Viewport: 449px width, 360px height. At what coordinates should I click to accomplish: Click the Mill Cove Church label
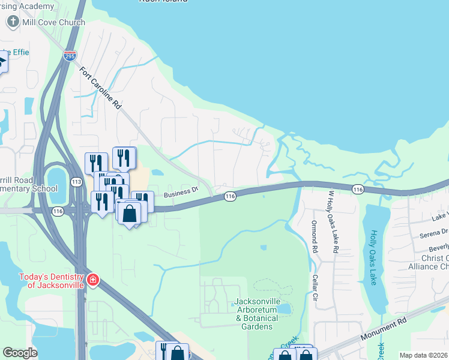coord(53,22)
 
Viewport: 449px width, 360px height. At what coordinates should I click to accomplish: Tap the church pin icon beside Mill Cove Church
coord(13,22)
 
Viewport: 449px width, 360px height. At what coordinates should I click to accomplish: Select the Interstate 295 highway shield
coord(70,56)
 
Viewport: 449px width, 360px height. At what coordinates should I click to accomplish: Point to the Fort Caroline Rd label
coord(101,88)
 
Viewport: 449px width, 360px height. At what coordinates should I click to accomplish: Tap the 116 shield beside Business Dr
coord(230,196)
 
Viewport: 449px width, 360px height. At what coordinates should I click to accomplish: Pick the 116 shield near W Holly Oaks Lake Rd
coord(358,189)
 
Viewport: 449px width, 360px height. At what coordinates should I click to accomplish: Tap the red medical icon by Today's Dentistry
coord(92,280)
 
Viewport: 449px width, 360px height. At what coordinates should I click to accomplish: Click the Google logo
coord(20,353)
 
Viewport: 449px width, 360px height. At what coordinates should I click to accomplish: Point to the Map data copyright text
coord(424,355)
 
